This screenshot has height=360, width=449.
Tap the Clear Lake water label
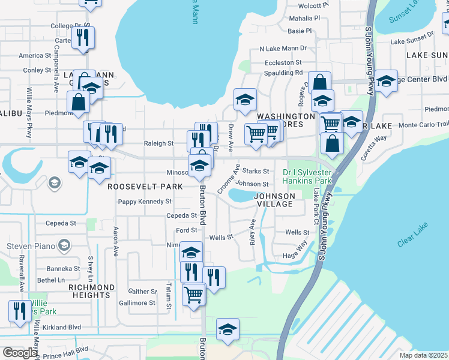[x=414, y=238]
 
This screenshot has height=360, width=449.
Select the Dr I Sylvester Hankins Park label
[x=307, y=176]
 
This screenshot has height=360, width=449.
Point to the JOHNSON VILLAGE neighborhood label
[x=274, y=200]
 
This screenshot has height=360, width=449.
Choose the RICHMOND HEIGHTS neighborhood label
[x=90, y=291]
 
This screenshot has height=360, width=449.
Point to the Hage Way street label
[x=295, y=249]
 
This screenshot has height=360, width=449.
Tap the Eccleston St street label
[x=284, y=62]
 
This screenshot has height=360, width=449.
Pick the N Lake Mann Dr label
[x=283, y=48]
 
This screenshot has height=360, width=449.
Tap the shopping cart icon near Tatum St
[x=193, y=294]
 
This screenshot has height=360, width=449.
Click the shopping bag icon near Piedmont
[x=79, y=101]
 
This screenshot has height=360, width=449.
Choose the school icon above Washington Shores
[x=245, y=99]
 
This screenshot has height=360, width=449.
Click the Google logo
[x=20, y=353]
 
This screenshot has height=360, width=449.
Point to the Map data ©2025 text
[x=424, y=355]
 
